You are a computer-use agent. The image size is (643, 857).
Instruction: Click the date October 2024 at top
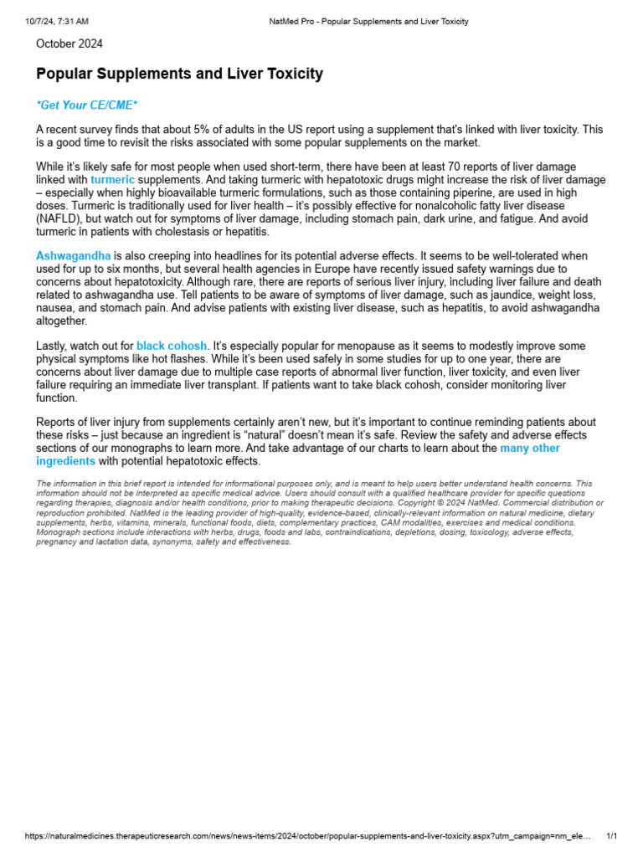(69, 44)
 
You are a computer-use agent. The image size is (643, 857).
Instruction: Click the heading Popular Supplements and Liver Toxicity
(179, 74)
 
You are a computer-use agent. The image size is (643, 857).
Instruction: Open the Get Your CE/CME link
(86, 105)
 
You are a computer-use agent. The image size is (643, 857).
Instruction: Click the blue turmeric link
(112, 180)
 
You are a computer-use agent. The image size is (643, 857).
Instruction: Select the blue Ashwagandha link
(73, 255)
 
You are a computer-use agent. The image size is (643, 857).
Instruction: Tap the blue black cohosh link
(171, 346)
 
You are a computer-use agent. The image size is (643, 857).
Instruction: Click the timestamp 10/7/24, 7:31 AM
(57, 21)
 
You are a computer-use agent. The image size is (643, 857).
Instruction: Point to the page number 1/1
(611, 836)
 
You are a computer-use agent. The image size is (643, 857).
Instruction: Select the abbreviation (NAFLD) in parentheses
(60, 218)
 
